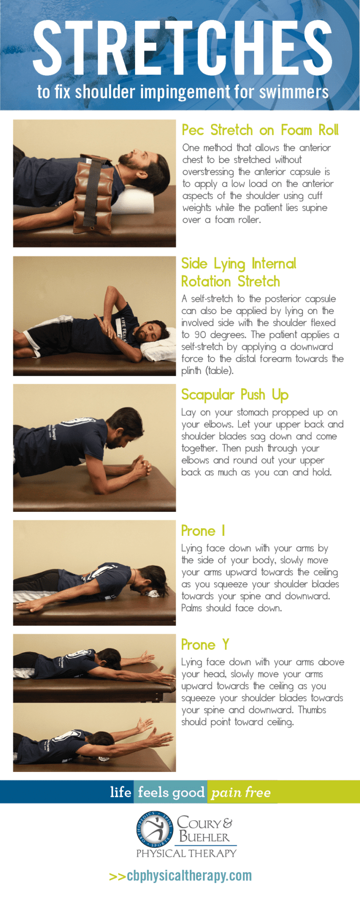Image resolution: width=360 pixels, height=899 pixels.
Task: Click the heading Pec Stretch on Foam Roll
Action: click(260, 130)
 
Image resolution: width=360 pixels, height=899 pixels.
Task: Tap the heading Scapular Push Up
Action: click(234, 395)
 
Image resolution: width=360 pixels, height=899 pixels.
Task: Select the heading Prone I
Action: click(203, 531)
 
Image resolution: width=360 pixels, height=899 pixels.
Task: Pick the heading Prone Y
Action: click(205, 644)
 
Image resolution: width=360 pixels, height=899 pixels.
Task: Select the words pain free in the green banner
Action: click(241, 792)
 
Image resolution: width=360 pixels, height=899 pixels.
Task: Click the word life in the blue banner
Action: click(120, 792)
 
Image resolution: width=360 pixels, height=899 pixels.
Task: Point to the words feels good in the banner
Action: click(171, 792)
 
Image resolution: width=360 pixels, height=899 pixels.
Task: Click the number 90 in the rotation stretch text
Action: click(200, 335)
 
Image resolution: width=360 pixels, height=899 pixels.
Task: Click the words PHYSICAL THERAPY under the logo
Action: click(186, 853)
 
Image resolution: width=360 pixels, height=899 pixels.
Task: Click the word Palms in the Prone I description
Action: click(191, 608)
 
